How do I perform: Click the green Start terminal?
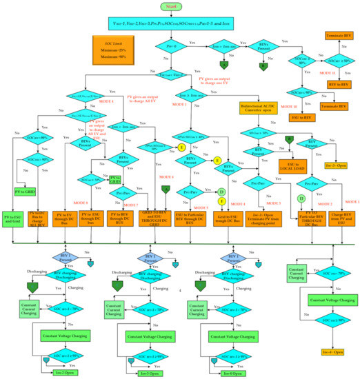click(179, 7)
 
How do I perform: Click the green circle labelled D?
click(301, 199)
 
